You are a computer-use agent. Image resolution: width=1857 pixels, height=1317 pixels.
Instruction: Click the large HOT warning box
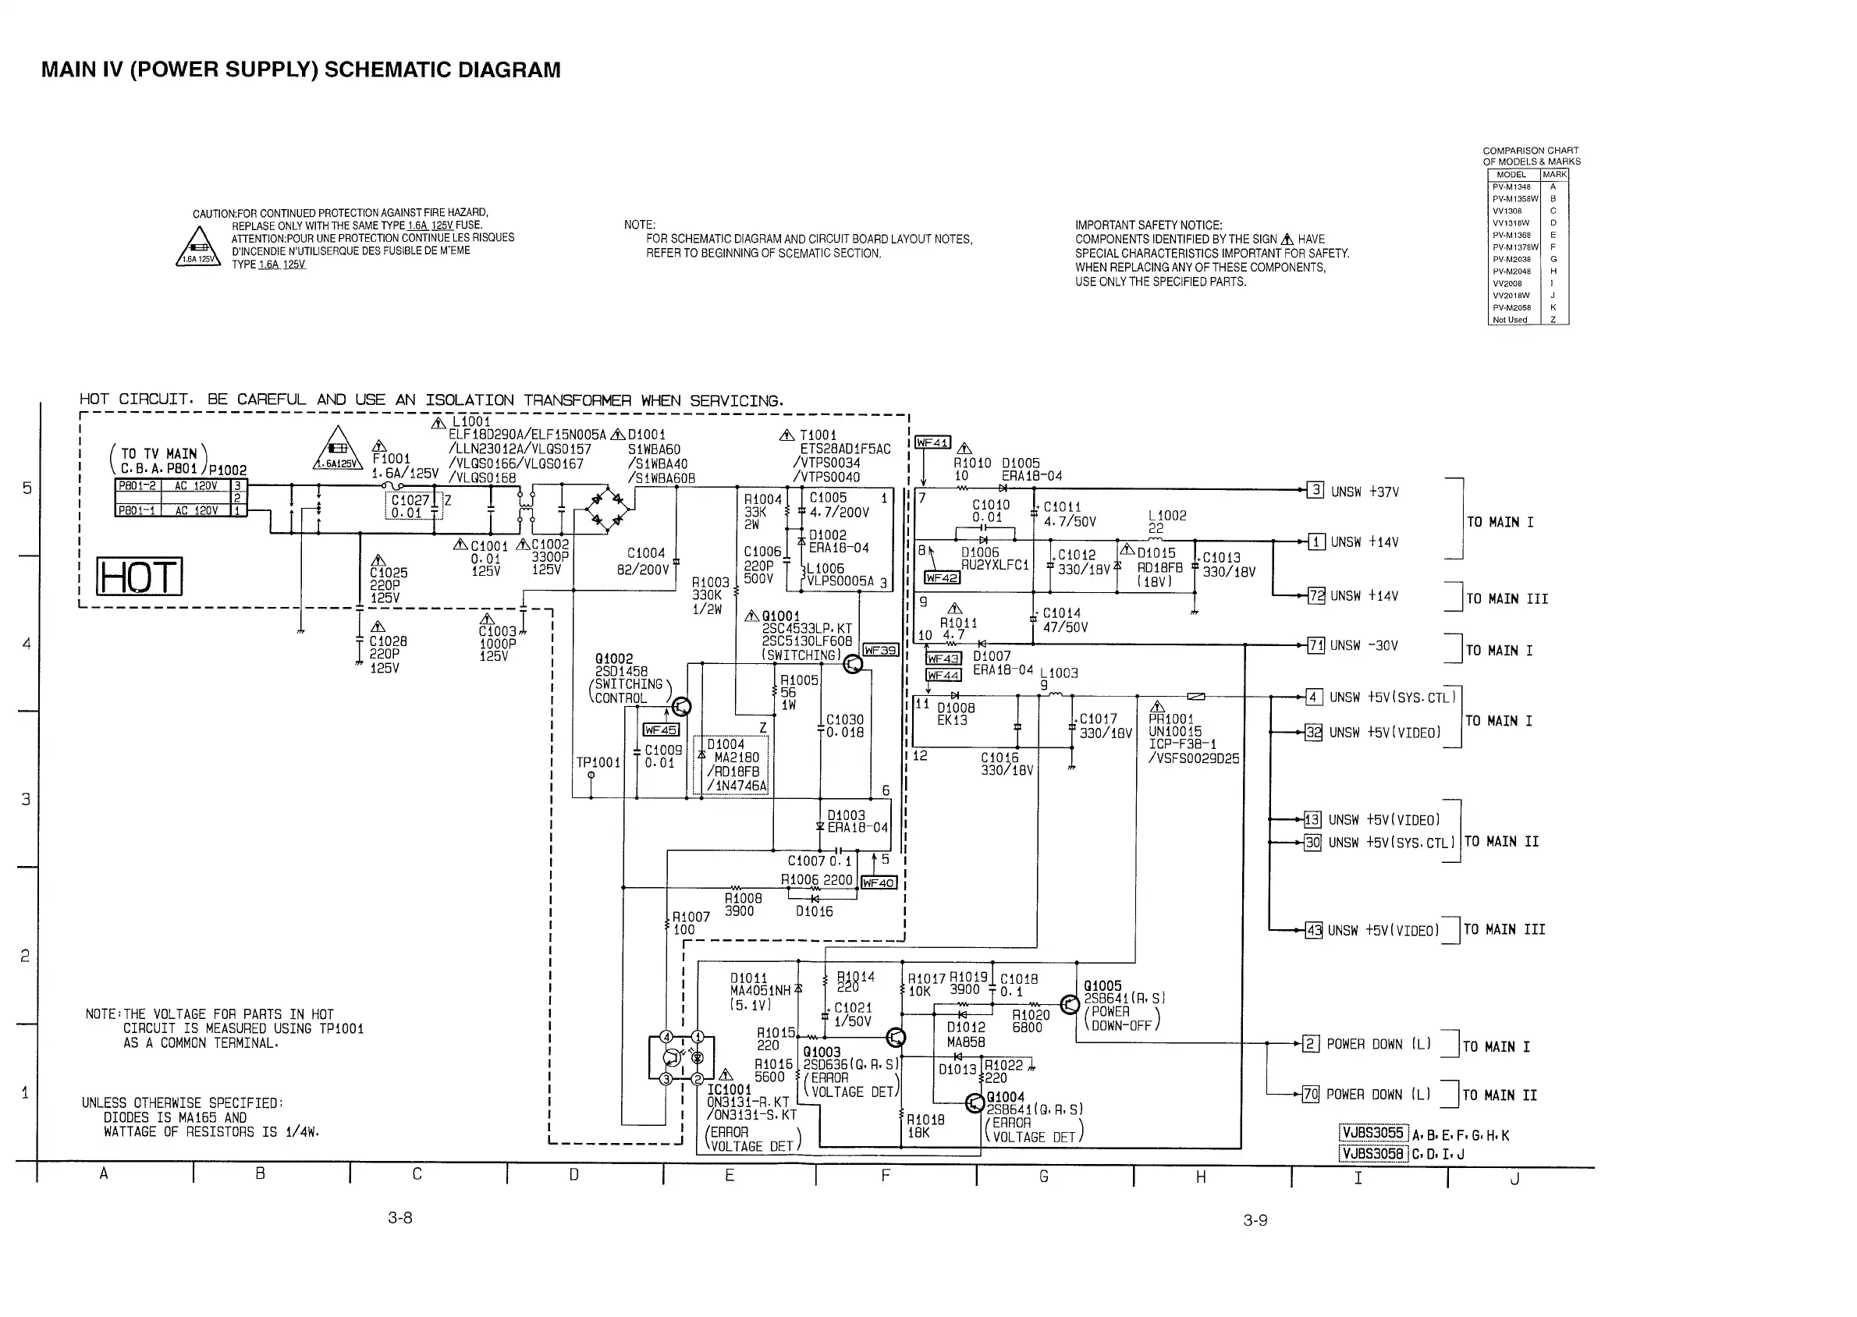(140, 577)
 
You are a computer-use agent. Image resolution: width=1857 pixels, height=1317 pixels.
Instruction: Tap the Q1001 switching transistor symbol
(852, 664)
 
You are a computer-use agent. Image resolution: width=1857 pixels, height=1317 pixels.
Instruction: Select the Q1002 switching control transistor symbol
(681, 707)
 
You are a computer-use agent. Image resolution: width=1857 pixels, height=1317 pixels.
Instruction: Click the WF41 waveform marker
(932, 443)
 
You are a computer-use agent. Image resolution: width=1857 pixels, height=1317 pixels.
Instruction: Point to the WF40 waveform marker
(879, 882)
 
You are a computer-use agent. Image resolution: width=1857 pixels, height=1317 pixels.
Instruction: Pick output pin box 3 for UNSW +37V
(1316, 490)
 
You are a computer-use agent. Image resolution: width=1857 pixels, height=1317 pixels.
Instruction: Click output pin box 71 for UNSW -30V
(1316, 645)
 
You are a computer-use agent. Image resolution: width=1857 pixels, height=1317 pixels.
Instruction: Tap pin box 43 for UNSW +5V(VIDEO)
(1313, 930)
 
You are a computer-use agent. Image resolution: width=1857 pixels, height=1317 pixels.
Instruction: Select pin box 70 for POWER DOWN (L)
(1311, 1094)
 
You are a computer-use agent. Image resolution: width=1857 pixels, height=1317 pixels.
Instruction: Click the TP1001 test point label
(598, 762)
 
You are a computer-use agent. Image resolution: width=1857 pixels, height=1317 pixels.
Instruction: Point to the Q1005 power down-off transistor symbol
(1070, 1006)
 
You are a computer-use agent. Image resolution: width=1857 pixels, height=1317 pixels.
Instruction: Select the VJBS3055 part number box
(1373, 1133)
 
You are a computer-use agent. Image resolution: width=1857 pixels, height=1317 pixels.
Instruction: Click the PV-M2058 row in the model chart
(1512, 307)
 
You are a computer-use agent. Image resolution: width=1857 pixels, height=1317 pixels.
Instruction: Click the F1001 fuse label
(392, 458)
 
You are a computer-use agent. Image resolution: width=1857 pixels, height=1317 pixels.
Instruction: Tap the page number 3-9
(1255, 1220)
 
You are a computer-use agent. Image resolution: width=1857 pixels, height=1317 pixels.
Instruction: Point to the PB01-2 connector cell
(139, 486)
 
